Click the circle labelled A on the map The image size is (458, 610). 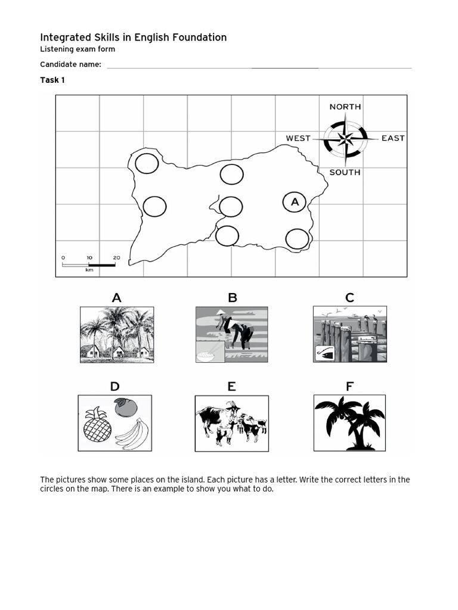pos(295,203)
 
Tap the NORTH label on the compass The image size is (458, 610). pos(345,107)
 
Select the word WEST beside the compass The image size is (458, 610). pos(298,138)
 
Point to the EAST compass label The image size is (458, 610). pos(393,138)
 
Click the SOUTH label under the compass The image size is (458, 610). pos(345,172)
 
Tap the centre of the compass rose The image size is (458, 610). pos(345,139)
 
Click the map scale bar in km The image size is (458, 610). pos(89,264)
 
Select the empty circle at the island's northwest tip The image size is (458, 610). pos(147,163)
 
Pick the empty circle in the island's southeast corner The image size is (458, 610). pos(298,238)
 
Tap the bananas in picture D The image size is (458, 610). pos(132,433)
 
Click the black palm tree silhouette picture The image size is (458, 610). pos(349,422)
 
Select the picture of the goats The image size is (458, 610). pos(231,423)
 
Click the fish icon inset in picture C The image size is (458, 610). pos(324,352)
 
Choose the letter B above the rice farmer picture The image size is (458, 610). pos(233,298)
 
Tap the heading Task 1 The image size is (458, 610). pos(52,80)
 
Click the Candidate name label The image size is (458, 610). pos(70,64)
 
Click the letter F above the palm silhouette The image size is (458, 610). pos(349,387)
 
